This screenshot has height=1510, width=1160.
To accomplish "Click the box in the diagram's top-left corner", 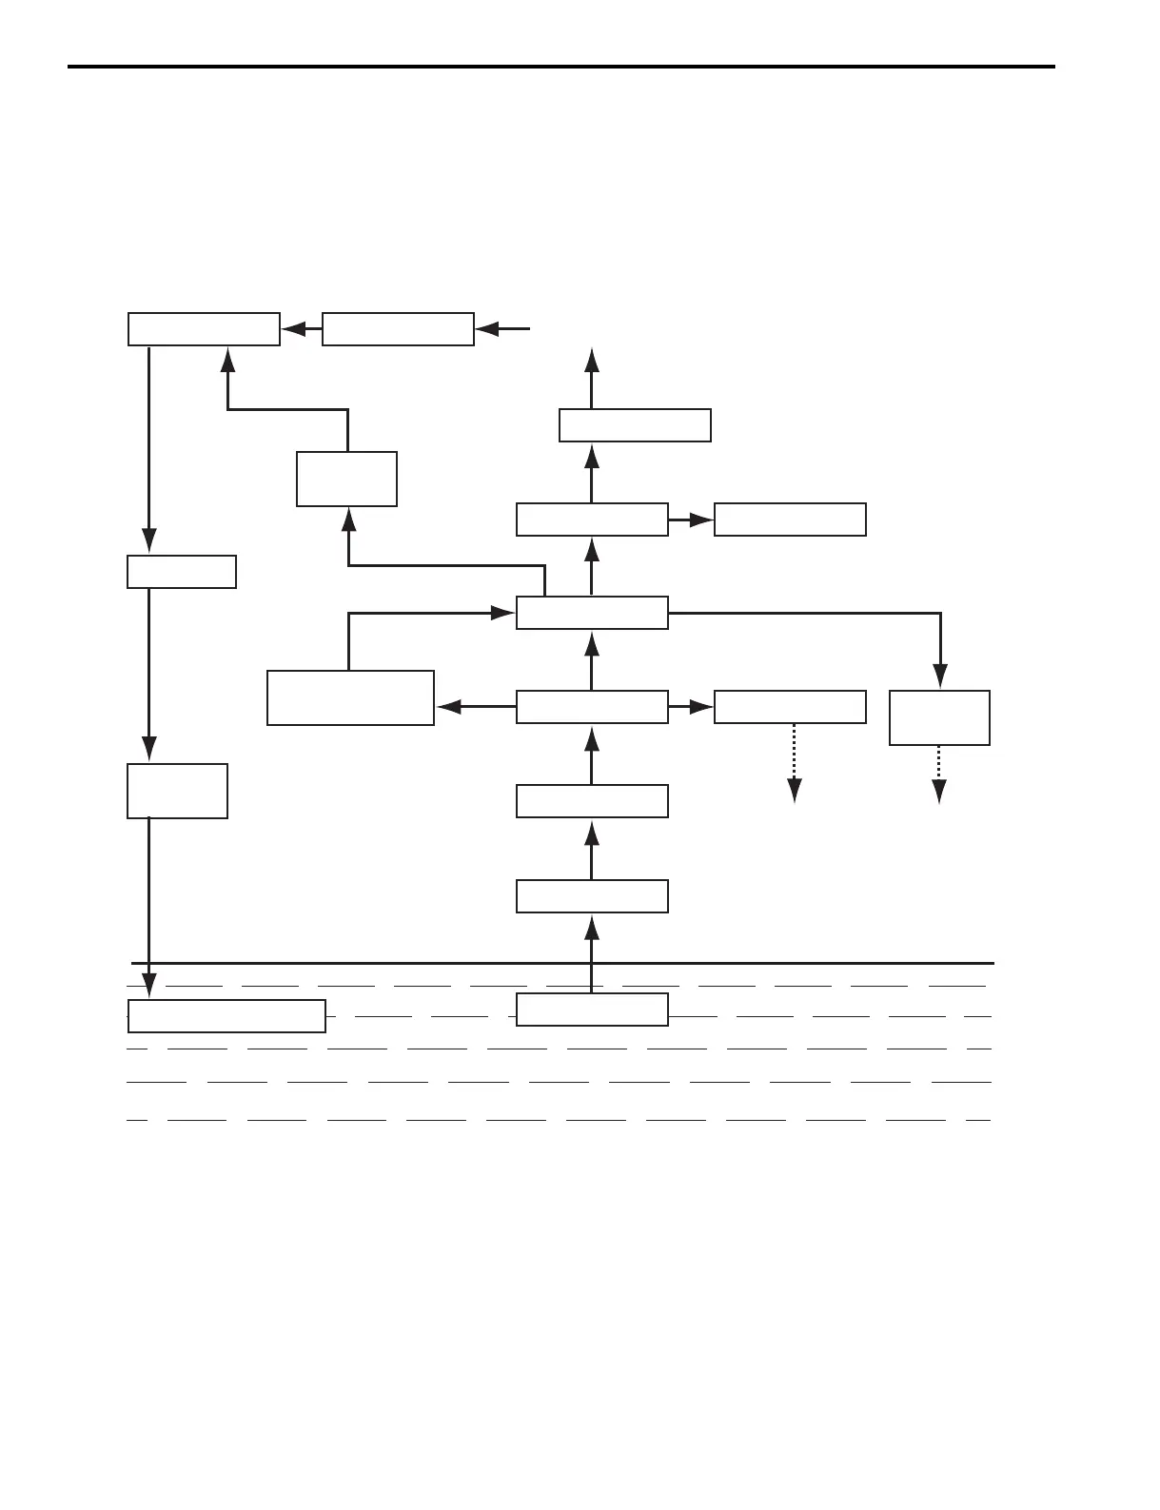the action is [204, 328].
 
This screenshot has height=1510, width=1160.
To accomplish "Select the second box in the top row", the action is [398, 328].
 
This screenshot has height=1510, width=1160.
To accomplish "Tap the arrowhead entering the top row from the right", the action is [487, 329].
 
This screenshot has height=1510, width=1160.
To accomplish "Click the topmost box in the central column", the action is [635, 425].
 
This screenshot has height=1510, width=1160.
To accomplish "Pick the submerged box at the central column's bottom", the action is [592, 1009].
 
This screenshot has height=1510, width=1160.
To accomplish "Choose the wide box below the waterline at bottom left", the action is [226, 1016].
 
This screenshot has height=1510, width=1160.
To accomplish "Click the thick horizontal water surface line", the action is [561, 963].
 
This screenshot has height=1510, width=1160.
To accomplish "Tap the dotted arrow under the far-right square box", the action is [939, 775].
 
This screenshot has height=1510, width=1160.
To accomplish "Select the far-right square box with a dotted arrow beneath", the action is [939, 717].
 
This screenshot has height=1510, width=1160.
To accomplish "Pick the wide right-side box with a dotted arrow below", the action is [790, 707].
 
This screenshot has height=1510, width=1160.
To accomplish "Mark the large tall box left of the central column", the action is [350, 697].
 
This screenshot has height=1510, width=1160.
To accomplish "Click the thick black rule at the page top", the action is [561, 67].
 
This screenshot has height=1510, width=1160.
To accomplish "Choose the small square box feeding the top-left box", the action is [346, 479].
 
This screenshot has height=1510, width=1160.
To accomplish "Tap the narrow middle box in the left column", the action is [182, 572].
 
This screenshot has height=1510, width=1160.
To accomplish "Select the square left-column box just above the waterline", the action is [177, 790].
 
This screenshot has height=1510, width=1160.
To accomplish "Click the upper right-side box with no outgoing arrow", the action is [790, 520].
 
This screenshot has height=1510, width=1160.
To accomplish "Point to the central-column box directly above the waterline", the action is [592, 896].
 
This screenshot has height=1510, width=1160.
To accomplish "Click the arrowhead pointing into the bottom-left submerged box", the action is [148, 987].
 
